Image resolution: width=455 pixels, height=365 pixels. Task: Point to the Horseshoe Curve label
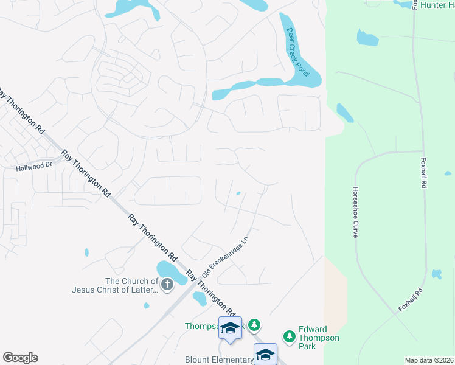click(x=355, y=212)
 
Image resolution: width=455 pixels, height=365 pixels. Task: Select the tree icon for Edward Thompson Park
click(x=290, y=336)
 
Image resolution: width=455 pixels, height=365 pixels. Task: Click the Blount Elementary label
click(x=218, y=360)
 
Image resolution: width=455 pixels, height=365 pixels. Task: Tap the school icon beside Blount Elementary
click(x=266, y=353)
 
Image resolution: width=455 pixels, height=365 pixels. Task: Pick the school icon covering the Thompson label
click(x=230, y=328)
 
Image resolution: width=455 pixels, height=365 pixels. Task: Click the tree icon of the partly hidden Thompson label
click(x=255, y=326)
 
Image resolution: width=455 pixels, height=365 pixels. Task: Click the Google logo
click(x=20, y=358)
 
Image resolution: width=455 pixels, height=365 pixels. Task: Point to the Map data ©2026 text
click(x=429, y=360)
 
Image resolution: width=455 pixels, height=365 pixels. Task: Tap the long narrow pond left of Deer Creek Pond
click(x=243, y=89)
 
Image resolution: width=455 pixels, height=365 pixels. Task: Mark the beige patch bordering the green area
click(x=333, y=304)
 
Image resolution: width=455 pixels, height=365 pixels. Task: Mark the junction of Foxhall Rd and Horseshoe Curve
click(x=423, y=151)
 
